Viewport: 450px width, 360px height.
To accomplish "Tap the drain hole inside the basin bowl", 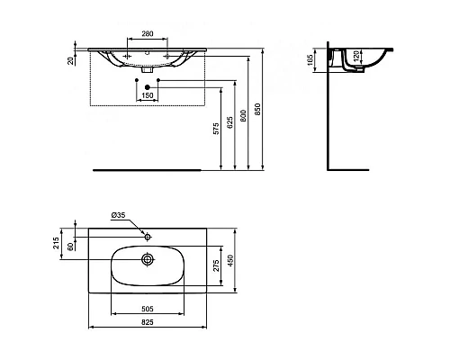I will coord(146,259).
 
